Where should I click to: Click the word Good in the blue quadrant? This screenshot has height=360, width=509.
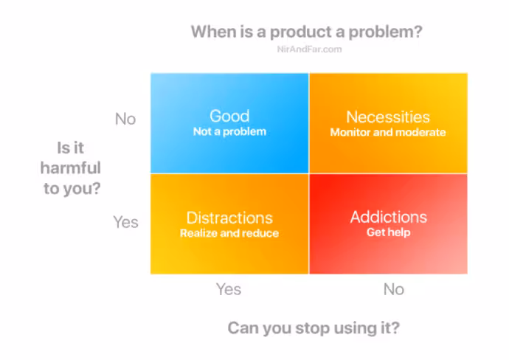pyautogui.click(x=229, y=116)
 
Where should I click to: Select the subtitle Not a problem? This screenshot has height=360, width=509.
pyautogui.click(x=229, y=131)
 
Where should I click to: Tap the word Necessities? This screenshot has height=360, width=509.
pyautogui.click(x=388, y=117)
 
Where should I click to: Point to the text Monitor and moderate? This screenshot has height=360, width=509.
pyautogui.click(x=388, y=132)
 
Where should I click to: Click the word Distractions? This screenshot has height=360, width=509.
pyautogui.click(x=229, y=218)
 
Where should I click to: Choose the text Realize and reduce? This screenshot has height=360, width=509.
pyautogui.click(x=229, y=233)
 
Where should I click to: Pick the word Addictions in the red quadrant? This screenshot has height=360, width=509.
pyautogui.click(x=389, y=217)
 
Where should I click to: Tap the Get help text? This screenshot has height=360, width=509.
pyautogui.click(x=389, y=232)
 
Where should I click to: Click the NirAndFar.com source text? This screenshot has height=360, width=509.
pyautogui.click(x=309, y=49)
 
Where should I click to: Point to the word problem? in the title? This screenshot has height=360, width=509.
pyautogui.click(x=385, y=32)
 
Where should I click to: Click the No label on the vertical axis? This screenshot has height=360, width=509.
pyautogui.click(x=125, y=119)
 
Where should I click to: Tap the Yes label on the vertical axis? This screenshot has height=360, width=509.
pyautogui.click(x=126, y=222)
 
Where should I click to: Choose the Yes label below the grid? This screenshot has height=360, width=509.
pyautogui.click(x=229, y=289)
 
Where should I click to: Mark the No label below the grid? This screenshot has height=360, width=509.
pyautogui.click(x=394, y=289)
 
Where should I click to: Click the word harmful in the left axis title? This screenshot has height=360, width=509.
pyautogui.click(x=70, y=167)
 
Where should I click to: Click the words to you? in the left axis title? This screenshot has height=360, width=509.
pyautogui.click(x=72, y=189)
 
